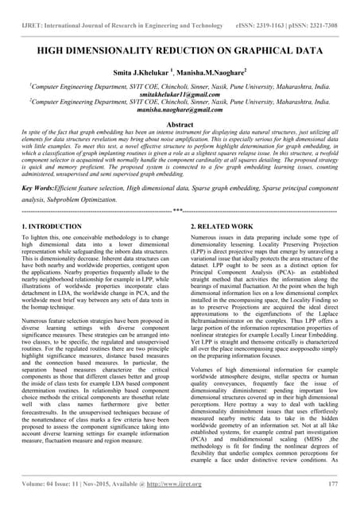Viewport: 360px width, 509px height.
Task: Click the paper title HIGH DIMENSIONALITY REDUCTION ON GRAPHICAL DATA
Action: coord(180,49)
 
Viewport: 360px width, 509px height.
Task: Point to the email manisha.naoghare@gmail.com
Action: coord(180,115)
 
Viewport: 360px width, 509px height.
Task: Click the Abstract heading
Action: coord(180,126)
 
